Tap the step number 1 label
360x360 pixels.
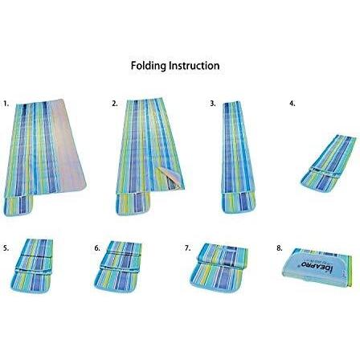[x=6, y=104]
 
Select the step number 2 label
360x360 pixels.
[x=115, y=104]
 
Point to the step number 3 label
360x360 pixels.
[x=213, y=104]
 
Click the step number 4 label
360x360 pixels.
[x=292, y=104]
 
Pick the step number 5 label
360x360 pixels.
[x=6, y=248]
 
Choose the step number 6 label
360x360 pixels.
[x=97, y=248]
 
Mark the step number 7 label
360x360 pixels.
[x=187, y=248]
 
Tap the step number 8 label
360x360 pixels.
[x=280, y=248]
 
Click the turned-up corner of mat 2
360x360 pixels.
[x=170, y=178]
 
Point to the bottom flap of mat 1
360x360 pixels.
[x=18, y=206]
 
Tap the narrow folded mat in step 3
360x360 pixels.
[x=239, y=157]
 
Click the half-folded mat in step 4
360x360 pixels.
[x=329, y=163]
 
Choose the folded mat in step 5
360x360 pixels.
[x=31, y=265]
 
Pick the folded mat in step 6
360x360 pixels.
[x=118, y=265]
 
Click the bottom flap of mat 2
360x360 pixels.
[x=133, y=204]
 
